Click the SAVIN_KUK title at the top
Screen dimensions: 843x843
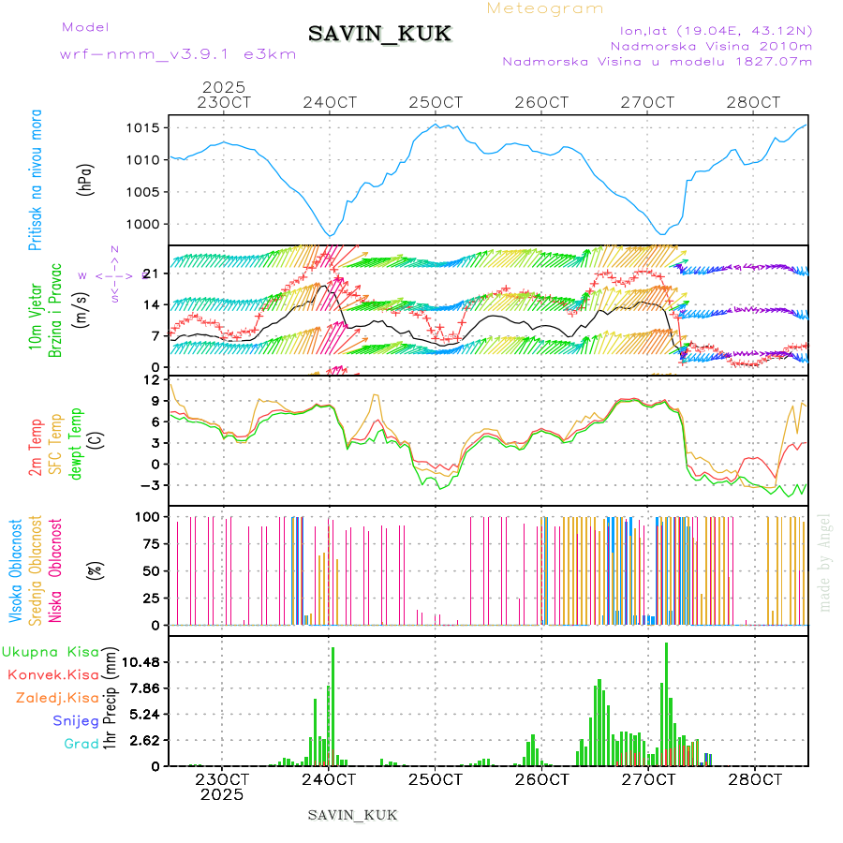(x=379, y=35)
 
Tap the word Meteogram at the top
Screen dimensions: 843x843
(x=546, y=8)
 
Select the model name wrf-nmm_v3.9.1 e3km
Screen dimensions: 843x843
(x=178, y=53)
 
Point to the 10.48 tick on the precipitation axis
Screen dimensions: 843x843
(x=144, y=662)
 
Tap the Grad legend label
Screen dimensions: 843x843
(x=81, y=744)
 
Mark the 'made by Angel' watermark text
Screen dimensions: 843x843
(x=825, y=561)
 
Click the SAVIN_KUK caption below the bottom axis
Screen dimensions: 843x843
(x=352, y=815)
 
